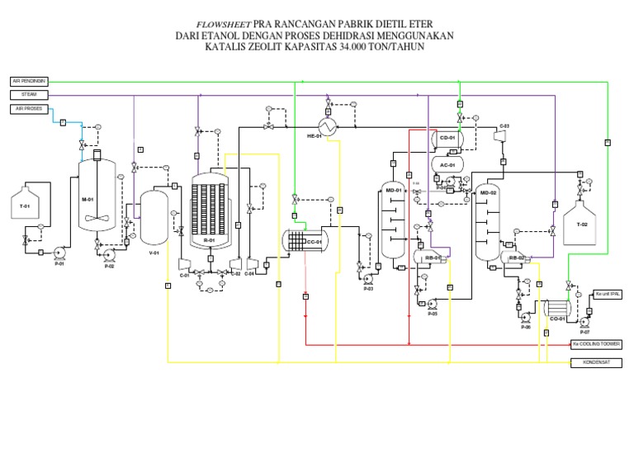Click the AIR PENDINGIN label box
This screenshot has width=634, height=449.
29,81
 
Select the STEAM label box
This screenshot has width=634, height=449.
29,95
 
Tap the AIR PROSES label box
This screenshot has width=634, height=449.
29,109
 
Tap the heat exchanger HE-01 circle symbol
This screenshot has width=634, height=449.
329,126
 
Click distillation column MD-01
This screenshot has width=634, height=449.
392,220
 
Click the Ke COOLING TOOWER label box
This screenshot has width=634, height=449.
595,343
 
